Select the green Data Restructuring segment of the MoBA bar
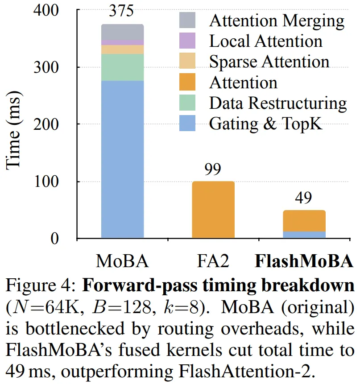(122, 67)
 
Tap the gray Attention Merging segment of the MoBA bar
(122, 32)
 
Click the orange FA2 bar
(213, 210)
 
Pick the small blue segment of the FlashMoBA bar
(304, 235)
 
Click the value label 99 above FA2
(212, 169)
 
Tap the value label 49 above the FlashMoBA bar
(304, 198)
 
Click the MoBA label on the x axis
(122, 261)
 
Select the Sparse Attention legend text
(269, 62)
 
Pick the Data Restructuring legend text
(277, 103)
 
